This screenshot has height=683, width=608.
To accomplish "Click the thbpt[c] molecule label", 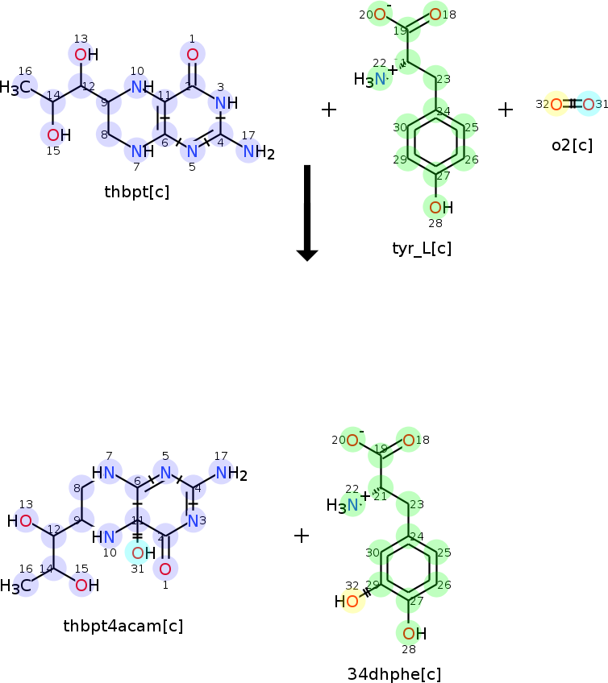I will coord(136,192).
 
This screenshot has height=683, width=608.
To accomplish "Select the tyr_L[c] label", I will coord(421,247).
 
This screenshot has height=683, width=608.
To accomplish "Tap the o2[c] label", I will coord(572,145).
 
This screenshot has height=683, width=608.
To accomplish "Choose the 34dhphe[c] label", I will coord(394,673).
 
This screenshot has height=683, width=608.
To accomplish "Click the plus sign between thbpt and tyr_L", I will coord(329,110).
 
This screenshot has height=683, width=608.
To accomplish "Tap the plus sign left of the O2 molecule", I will coord(506,110).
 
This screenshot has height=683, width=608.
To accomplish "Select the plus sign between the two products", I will coord(302,536).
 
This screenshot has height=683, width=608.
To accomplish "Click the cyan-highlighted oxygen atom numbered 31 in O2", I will coord(588,104).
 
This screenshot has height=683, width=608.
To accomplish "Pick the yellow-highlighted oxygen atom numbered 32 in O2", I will coord(556,104).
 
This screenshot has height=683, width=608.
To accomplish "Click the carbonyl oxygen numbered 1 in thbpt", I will coord(192,55).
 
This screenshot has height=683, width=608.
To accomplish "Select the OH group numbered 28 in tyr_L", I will coord(439,208).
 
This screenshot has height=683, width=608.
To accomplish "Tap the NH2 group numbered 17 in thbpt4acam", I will coord(227,474).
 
